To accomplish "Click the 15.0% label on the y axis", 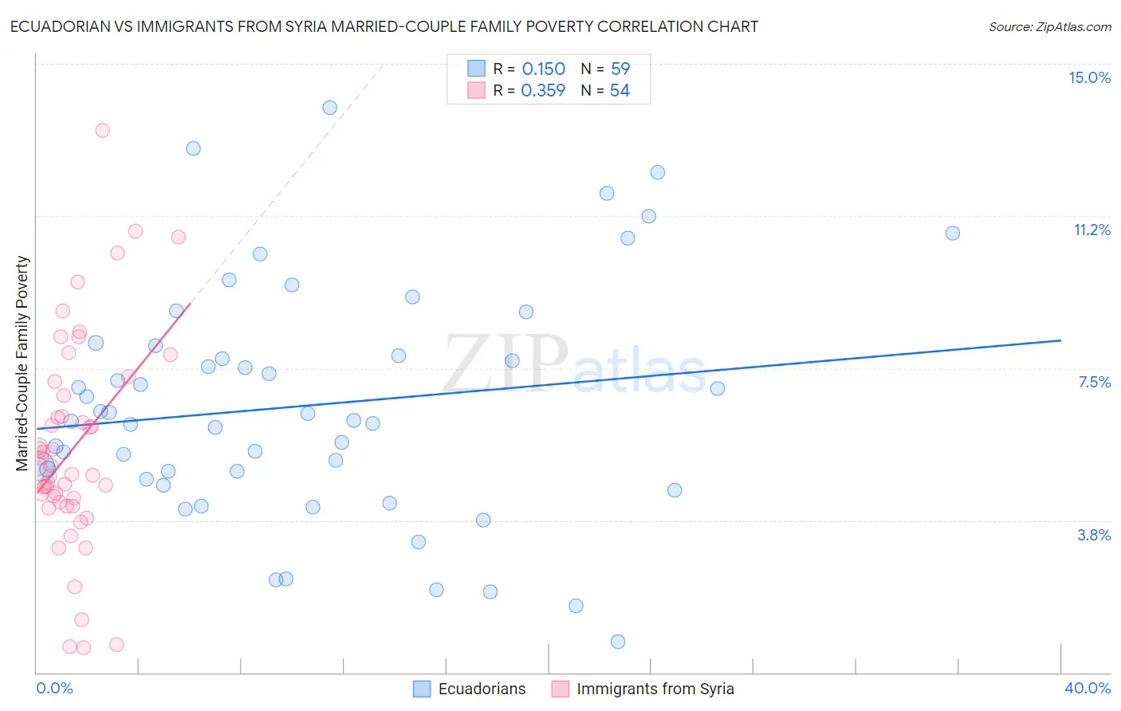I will tap(1089, 77).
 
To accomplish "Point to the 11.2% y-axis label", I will tap(1091, 230).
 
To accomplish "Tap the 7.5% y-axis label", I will tap(1094, 382).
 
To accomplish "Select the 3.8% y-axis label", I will tap(1094, 535).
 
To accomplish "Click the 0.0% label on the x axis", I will tap(54, 688).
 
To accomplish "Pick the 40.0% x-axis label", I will tap(1088, 688).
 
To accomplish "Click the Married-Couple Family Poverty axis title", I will tap(22, 363).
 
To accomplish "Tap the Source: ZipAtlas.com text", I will tap(1049, 27).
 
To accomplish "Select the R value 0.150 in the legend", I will tap(543, 69).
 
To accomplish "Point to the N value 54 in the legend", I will tap(619, 91).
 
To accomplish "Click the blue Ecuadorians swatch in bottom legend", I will tap(422, 689).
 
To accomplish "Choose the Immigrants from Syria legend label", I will tap(655, 689).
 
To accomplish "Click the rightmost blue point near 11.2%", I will tap(952, 234).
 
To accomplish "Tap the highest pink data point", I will tap(102, 131).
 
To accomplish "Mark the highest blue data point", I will tap(329, 108).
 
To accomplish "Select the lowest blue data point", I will tap(617, 642).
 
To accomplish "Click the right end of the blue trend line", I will tap(1060, 340).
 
